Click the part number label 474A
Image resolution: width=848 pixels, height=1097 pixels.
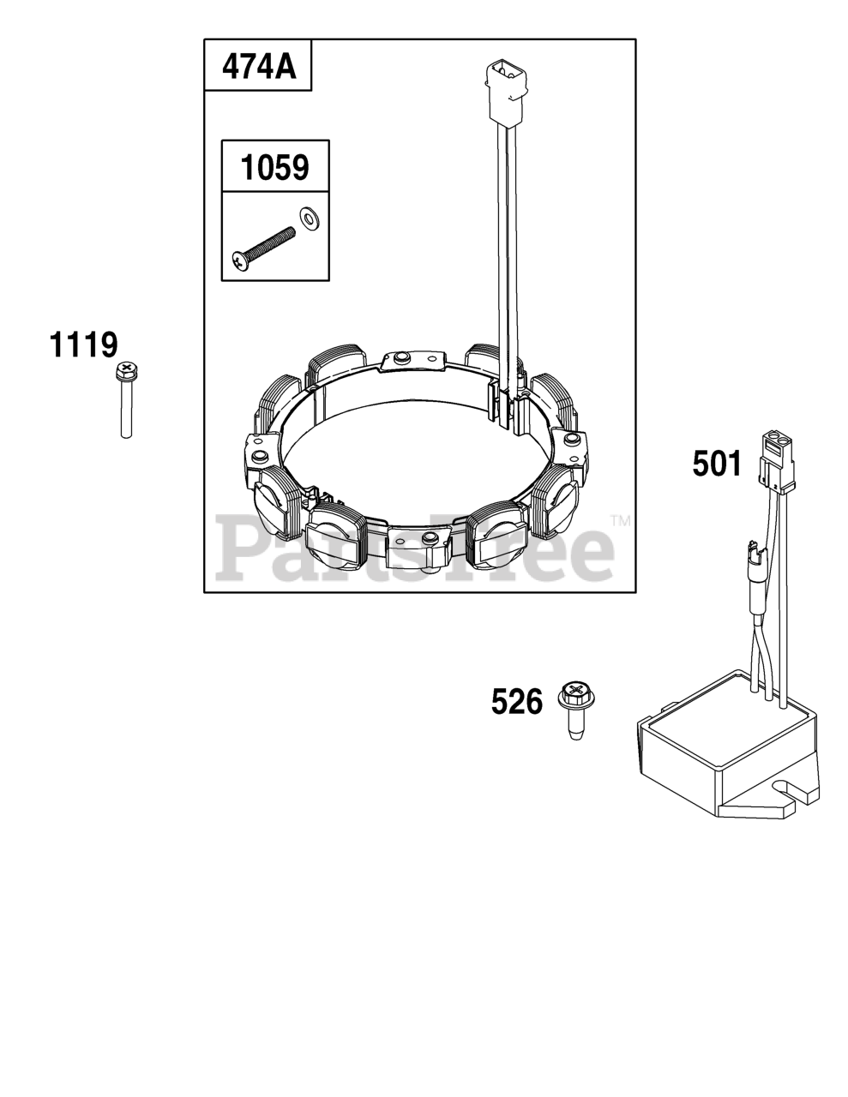pos(259,67)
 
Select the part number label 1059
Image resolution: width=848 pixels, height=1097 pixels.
pos(274,168)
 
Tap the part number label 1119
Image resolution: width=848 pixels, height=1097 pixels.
pos(83,345)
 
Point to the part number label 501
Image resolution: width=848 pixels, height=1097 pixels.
pos(717,464)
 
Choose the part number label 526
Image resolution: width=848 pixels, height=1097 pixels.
pos(517,702)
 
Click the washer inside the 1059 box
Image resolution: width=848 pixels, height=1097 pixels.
pos(306,217)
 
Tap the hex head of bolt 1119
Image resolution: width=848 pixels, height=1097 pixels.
pos(127,371)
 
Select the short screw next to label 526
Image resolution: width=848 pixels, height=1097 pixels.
pos(576,710)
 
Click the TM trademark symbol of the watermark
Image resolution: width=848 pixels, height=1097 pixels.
pos(621,520)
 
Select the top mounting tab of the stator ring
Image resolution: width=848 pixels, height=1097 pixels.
pos(414,362)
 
